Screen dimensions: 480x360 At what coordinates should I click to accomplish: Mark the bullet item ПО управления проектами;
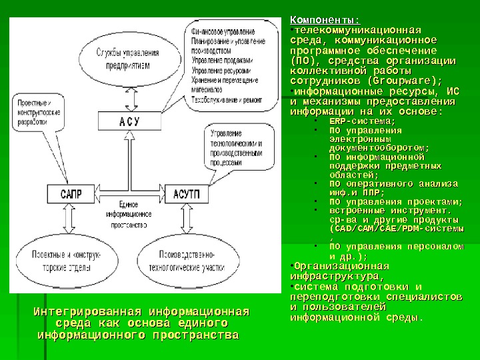coord(396,202)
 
